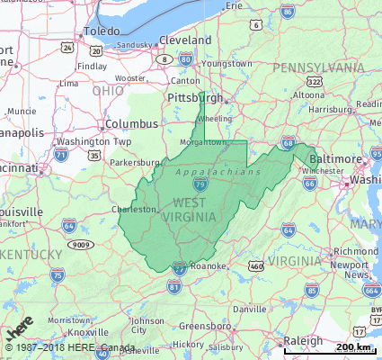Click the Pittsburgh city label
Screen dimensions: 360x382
[x=195, y=97]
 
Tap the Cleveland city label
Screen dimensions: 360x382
[x=185, y=40]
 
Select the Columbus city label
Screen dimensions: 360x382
[x=131, y=124]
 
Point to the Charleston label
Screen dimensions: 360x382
[x=133, y=209]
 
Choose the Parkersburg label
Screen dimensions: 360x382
[x=134, y=163]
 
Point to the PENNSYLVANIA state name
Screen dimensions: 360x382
[x=318, y=68]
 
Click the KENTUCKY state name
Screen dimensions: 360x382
[x=32, y=256]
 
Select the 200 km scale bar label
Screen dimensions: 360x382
[x=352, y=347]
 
